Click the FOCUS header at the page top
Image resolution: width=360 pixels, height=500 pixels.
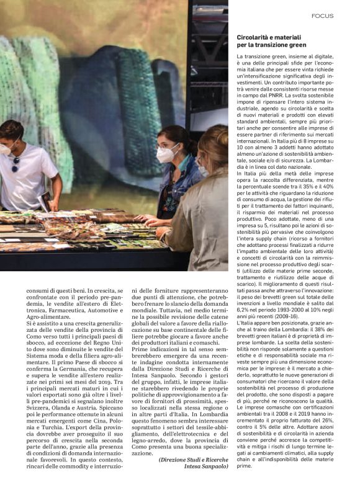click(x=323, y=16)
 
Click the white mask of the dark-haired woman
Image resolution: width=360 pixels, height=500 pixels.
click(x=168, y=153)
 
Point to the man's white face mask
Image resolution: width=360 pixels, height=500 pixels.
click(x=5, y=149)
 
